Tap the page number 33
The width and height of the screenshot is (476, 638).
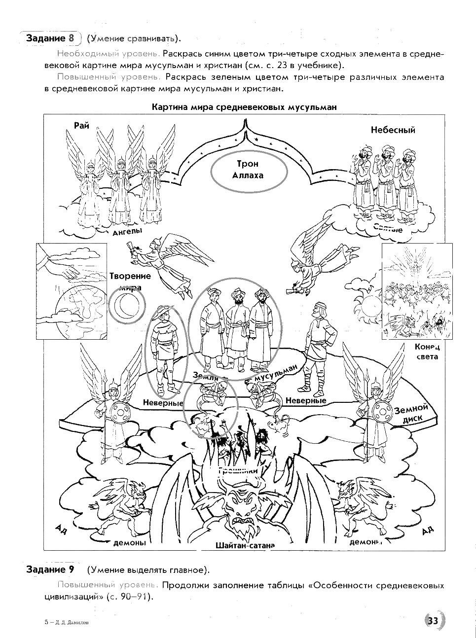pos(433,620)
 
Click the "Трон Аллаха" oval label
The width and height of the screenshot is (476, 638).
pos(249,169)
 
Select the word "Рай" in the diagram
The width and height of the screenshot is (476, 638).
pos(82,126)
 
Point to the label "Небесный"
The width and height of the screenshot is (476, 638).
pos(393,130)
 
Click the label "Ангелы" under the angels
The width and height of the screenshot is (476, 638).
pos(127,231)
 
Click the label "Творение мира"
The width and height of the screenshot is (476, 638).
pos(130,282)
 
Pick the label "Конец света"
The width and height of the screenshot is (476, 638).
pos(427,352)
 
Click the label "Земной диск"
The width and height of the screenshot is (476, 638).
pos(411,413)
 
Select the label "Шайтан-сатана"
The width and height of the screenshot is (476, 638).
pos(245,545)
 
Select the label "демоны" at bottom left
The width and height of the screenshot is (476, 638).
pos(129,543)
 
